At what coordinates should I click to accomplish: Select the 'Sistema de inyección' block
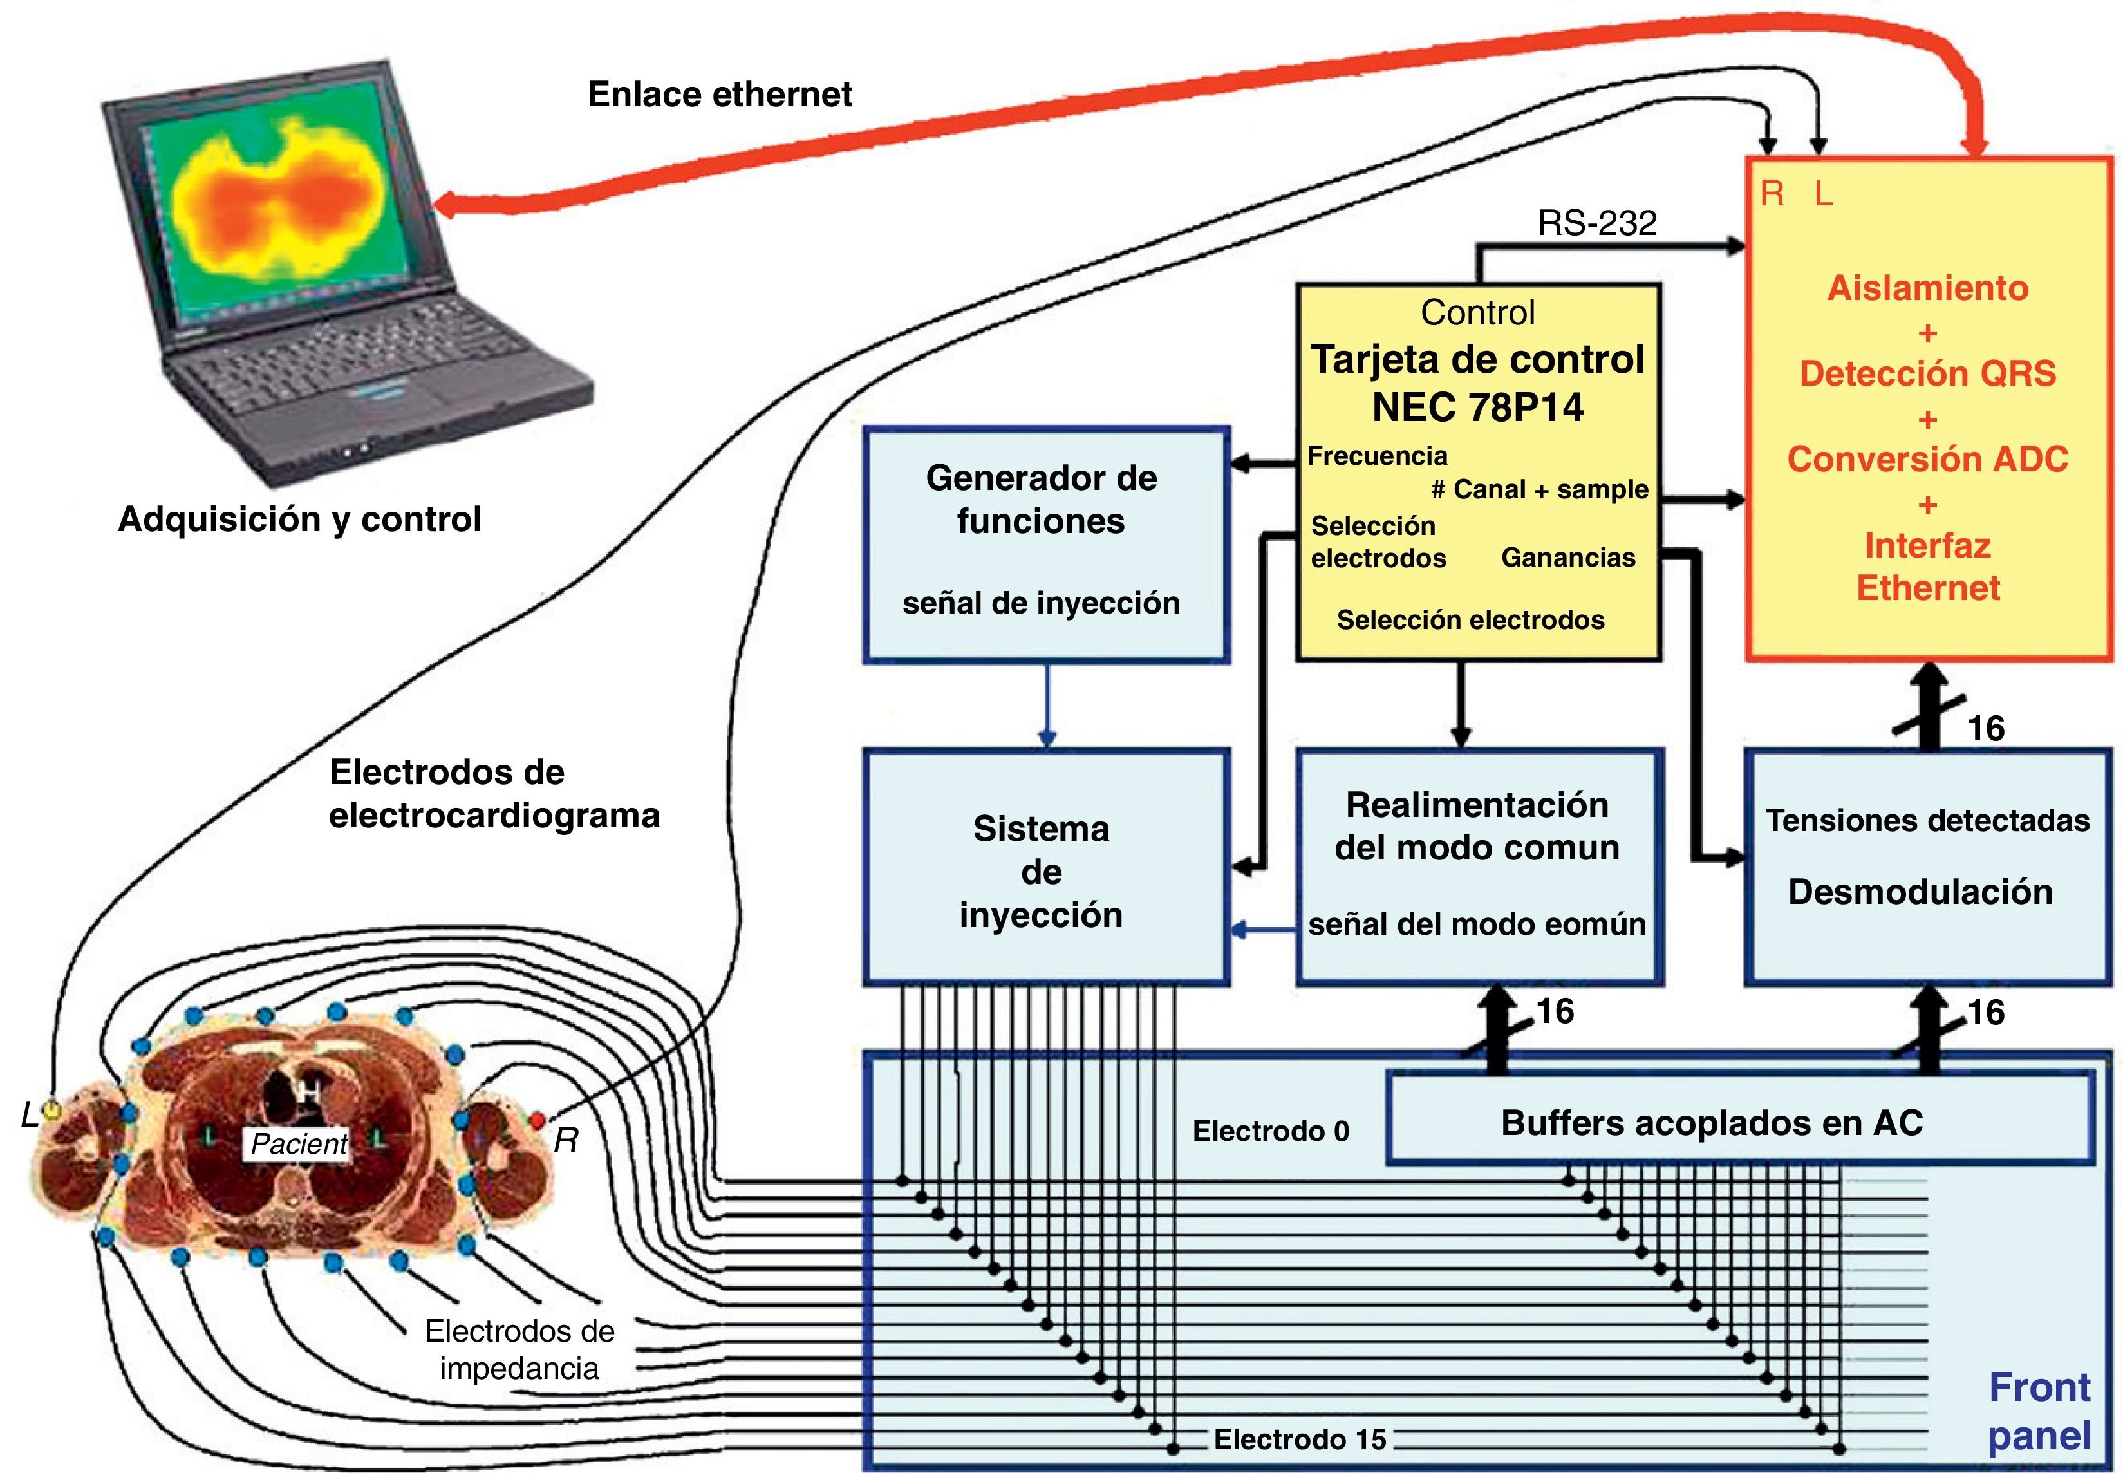[1046, 868]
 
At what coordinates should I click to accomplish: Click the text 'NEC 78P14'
[1477, 407]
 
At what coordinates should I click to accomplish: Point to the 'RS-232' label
[1597, 222]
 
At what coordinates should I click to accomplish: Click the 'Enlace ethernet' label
[720, 94]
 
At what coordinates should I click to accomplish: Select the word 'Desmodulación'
[1920, 892]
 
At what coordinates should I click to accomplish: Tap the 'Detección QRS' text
[1927, 373]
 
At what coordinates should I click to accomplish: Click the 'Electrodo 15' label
[1300, 1439]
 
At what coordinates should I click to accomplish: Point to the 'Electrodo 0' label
[1271, 1131]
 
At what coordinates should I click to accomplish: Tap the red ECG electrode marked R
[536, 1120]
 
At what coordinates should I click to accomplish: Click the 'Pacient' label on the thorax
[299, 1143]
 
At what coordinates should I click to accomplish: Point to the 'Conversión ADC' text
[1927, 458]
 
